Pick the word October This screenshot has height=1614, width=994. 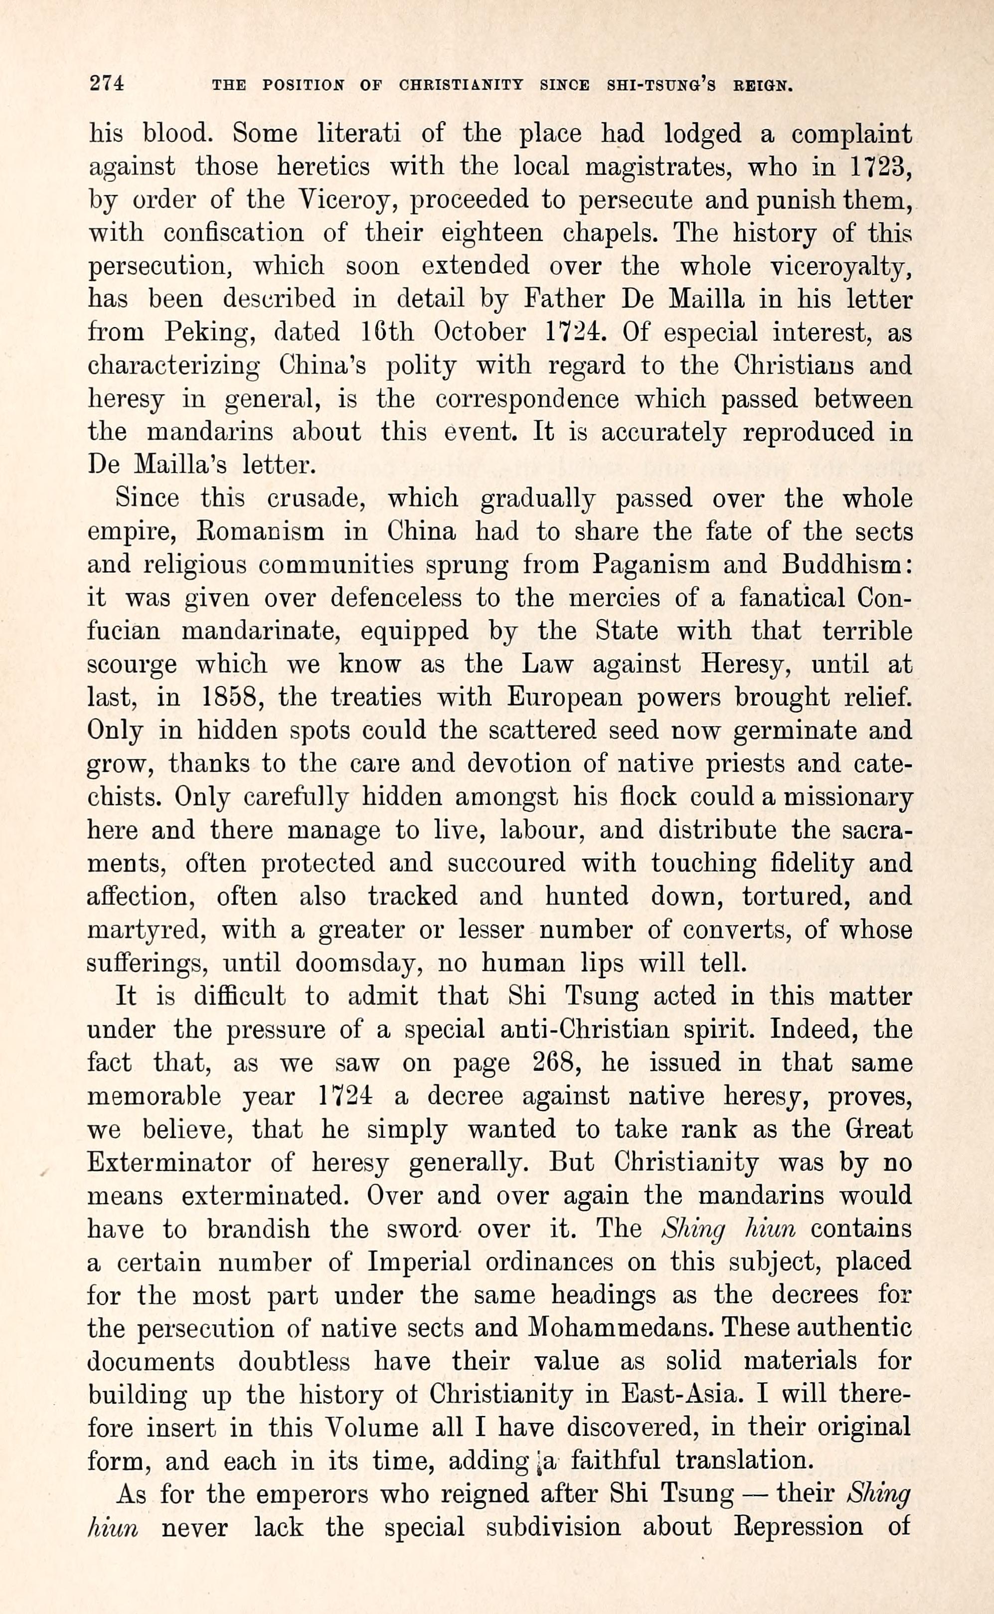(x=480, y=332)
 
